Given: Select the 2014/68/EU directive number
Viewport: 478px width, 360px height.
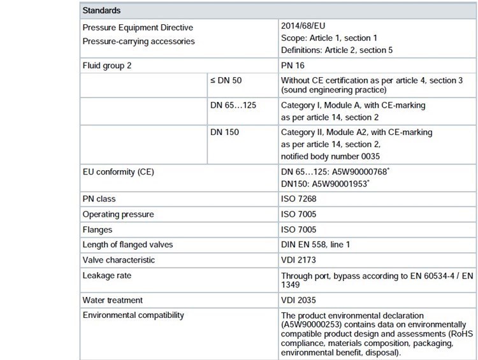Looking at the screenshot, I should click(x=303, y=27).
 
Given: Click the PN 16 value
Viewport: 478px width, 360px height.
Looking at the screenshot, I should click(x=294, y=66).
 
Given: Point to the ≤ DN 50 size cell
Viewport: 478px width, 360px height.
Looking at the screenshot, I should click(x=228, y=81).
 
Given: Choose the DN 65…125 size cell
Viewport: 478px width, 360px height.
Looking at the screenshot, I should click(x=233, y=105).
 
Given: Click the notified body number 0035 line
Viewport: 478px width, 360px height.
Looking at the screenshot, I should click(x=333, y=155).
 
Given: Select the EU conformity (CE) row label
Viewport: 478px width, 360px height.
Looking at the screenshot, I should click(x=119, y=172).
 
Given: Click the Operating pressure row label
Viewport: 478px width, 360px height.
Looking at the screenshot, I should click(x=119, y=214).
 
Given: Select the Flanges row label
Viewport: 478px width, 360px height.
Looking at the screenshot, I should click(x=99, y=229).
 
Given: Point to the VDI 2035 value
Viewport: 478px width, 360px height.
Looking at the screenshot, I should click(x=299, y=299).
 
